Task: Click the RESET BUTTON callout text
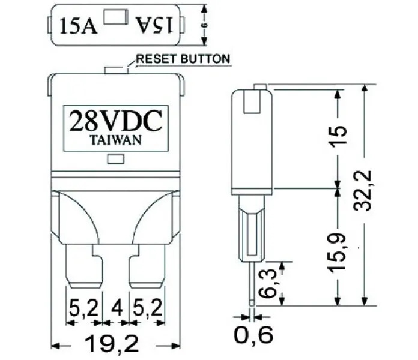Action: pos(183,59)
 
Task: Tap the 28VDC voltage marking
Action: pos(116,121)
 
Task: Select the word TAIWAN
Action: pos(116,140)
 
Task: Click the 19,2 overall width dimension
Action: pos(112,343)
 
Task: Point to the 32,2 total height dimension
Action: pos(363,191)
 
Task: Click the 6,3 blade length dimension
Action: pos(267,283)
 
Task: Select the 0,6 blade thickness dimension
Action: pos(253,334)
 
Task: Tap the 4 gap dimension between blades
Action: pos(117,307)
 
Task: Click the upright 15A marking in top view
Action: pos(78,26)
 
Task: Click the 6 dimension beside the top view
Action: pos(204,25)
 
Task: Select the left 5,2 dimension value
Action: pos(83,308)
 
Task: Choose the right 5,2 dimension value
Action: pos(147,308)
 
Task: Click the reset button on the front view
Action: pos(117,70)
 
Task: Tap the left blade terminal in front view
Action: pos(84,266)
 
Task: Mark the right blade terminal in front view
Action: pos(147,266)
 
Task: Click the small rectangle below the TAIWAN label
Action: pos(116,159)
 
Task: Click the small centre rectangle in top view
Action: pos(116,17)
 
